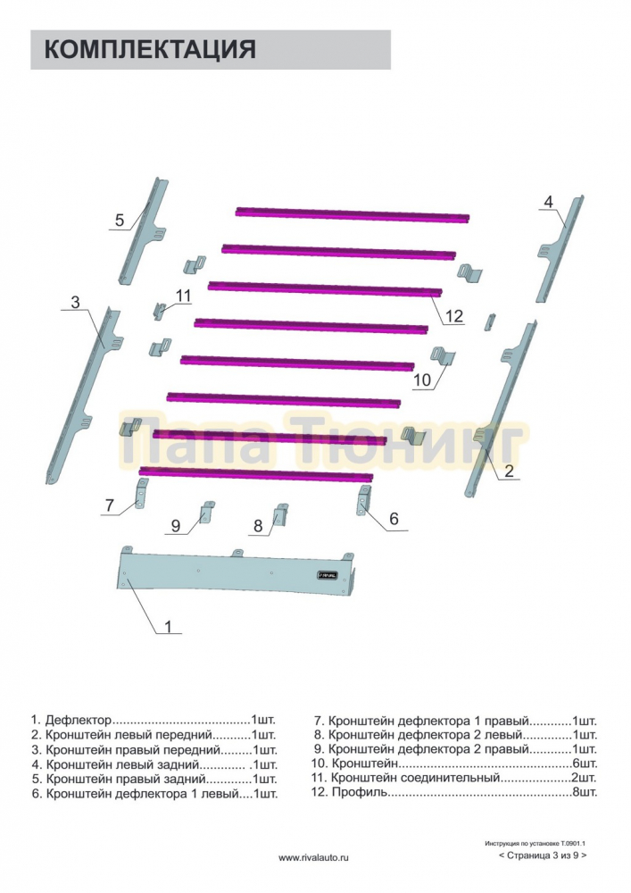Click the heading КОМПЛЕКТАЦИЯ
tap(150, 49)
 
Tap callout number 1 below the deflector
tap(168, 627)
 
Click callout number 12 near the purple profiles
tap(453, 315)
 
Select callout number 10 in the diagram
tap(421, 380)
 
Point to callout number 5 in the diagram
tap(120, 220)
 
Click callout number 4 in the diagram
tap(548, 202)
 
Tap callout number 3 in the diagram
tap(76, 302)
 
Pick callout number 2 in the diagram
tap(509, 471)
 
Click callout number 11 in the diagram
tap(183, 296)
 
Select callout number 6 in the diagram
tap(394, 518)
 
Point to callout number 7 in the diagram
tap(110, 505)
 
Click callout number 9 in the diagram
tap(176, 525)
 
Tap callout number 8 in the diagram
tap(258, 526)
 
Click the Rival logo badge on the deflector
tap(328, 575)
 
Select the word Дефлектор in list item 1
tap(79, 721)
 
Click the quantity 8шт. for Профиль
tap(585, 791)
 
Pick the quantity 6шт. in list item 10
tap(585, 764)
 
